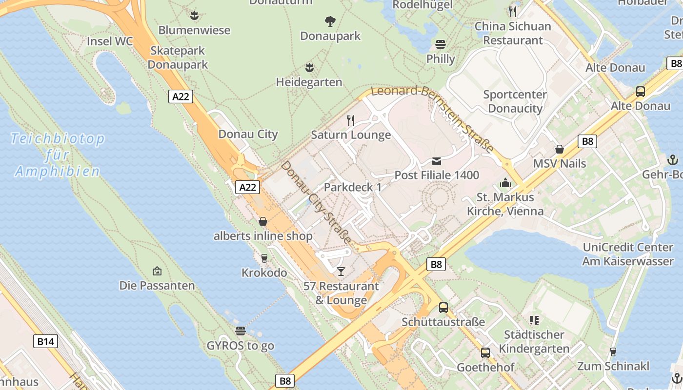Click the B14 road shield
[x=45, y=341]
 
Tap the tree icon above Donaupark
[x=330, y=21]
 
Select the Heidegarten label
[x=309, y=82]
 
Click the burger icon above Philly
[x=441, y=44]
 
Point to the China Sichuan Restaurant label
[x=513, y=33]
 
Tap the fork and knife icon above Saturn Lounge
[x=351, y=120]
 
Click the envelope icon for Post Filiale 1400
[x=436, y=161]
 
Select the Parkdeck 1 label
[x=353, y=187]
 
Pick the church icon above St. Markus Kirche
[x=505, y=183]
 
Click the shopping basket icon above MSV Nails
[x=559, y=149]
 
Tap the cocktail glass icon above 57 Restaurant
[x=341, y=271]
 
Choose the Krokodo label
[x=264, y=273]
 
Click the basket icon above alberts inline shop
[x=263, y=222]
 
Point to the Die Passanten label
[x=157, y=285]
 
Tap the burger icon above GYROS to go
[x=240, y=331]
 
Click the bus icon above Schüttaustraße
[x=443, y=308]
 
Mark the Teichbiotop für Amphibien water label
[x=58, y=155]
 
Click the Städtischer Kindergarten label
[x=534, y=341]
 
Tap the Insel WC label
[x=109, y=41]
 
